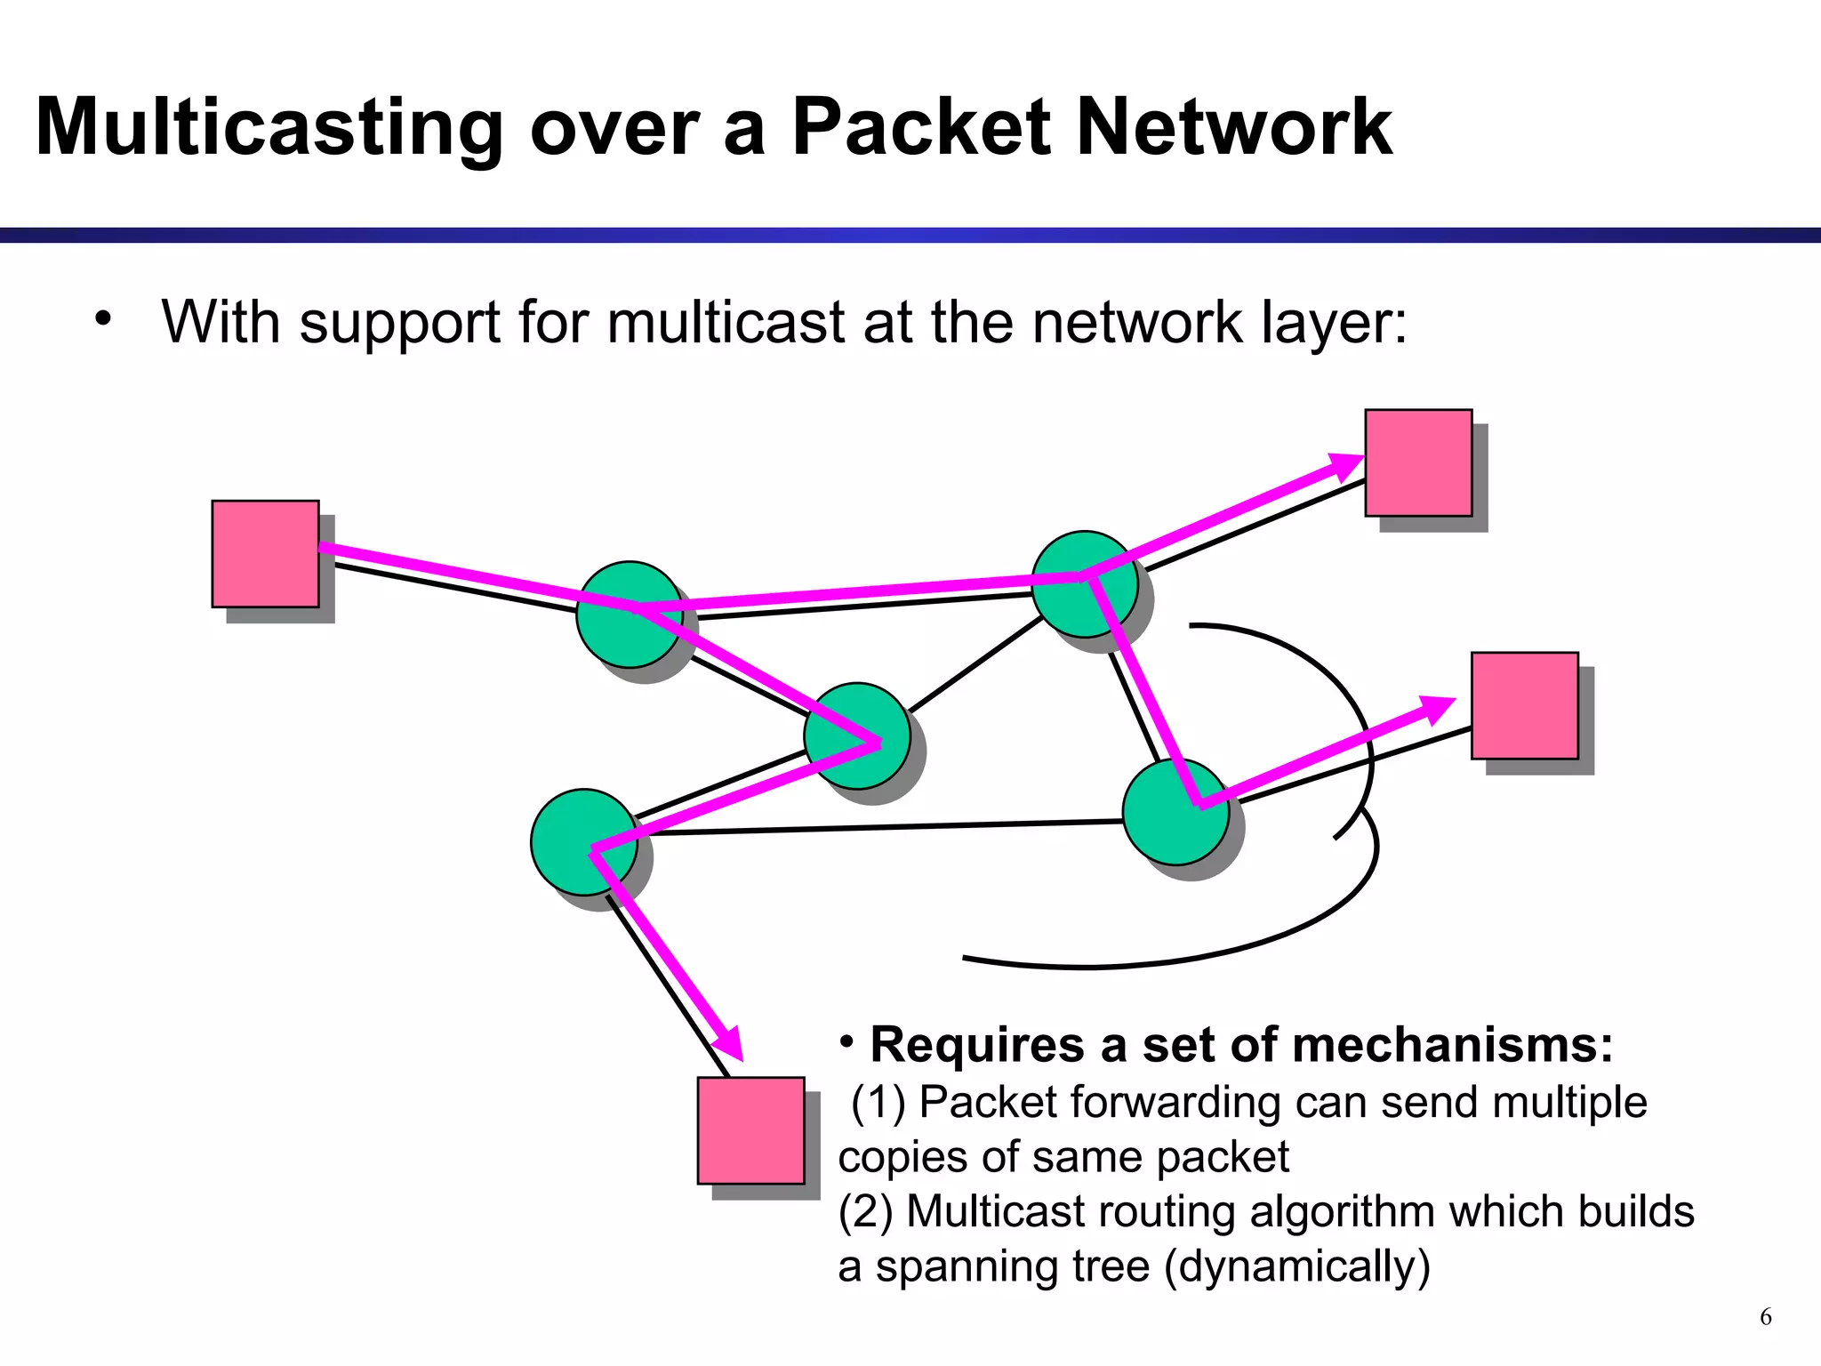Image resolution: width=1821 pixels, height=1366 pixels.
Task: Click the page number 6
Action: click(x=1765, y=1316)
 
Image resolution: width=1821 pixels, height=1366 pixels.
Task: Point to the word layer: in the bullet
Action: click(x=1334, y=323)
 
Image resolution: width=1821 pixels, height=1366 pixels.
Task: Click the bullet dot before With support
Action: click(x=104, y=318)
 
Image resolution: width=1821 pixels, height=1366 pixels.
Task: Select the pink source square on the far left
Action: click(x=265, y=554)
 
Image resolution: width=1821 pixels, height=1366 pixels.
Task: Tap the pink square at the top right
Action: click(x=1418, y=462)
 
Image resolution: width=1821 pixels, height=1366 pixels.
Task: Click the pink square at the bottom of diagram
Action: click(x=750, y=1130)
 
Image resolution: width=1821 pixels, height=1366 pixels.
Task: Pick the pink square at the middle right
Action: click(x=1524, y=705)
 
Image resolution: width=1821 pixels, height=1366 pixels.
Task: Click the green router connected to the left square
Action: click(x=629, y=615)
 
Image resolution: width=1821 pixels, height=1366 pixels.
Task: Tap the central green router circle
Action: click(x=856, y=735)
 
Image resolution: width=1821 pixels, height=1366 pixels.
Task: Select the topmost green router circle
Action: click(x=1084, y=584)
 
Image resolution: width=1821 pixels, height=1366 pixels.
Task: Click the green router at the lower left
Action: click(x=583, y=842)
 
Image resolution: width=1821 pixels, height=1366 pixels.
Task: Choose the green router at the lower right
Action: click(x=1175, y=811)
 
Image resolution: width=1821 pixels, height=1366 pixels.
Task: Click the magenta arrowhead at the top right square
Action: click(x=1344, y=465)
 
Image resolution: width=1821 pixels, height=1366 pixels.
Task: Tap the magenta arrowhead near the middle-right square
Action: click(x=1433, y=710)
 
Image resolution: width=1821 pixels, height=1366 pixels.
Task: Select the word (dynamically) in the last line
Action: click(x=1297, y=1266)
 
